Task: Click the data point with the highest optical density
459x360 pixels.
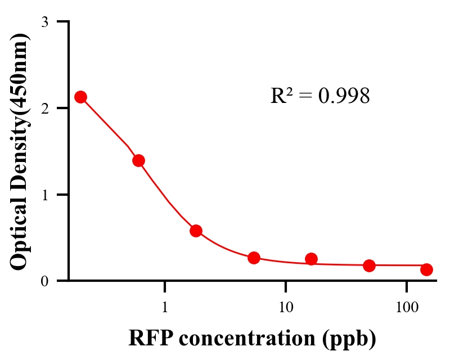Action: tap(81, 97)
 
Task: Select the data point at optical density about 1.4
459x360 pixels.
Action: tap(139, 160)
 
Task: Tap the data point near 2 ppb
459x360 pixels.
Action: tap(196, 231)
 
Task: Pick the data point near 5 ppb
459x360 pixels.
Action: tap(254, 258)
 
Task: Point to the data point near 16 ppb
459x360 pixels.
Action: tap(311, 259)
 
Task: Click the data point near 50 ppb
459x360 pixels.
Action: tap(369, 265)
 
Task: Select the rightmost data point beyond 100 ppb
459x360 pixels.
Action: tap(426, 269)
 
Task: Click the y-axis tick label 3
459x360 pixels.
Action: tap(45, 22)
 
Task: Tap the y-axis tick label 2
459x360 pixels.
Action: tap(45, 108)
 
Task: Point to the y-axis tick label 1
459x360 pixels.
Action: tap(45, 195)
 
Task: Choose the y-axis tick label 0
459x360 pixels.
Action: tap(45, 281)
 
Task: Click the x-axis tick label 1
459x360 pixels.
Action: tap(165, 308)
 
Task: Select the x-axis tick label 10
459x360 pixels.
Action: tap(286, 308)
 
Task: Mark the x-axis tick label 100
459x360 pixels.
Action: tap(407, 308)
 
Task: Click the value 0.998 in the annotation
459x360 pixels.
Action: tap(344, 96)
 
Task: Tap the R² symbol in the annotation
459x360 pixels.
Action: tap(281, 96)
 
